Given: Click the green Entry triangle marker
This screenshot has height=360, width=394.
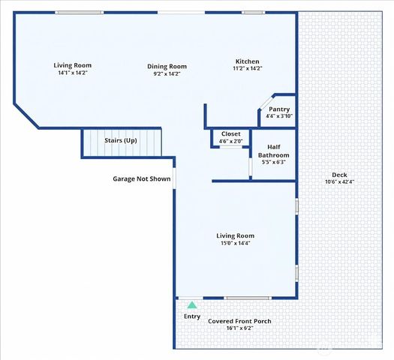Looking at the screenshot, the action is [192, 305].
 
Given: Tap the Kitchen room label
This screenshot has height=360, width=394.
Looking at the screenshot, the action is [247, 61].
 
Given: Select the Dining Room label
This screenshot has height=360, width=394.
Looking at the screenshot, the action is [167, 67].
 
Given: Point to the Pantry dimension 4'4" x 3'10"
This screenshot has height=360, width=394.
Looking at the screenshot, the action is [279, 116].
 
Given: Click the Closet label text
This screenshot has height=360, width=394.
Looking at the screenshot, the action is [230, 133].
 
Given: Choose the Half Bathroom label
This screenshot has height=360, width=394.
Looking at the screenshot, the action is [274, 151].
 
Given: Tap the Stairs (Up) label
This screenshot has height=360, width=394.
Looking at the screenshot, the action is [121, 140].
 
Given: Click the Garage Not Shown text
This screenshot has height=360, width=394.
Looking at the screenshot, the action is [142, 178].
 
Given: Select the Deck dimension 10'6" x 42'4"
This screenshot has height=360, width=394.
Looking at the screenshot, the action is [340, 181].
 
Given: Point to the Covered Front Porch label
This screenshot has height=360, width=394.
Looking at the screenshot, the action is [239, 321].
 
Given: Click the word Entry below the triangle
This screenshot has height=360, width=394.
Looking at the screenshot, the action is [192, 316].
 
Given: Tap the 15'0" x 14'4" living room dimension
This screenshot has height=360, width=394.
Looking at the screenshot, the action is [235, 243].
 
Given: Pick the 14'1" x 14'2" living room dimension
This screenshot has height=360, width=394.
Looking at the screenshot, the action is [73, 73].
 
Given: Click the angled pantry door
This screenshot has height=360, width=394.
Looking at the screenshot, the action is [266, 103].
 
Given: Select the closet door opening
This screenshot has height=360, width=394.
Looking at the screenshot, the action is [230, 147].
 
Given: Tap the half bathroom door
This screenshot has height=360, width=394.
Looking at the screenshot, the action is [251, 166].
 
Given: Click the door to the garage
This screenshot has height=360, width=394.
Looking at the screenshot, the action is [174, 178].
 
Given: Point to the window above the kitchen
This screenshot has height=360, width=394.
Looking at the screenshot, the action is [254, 12].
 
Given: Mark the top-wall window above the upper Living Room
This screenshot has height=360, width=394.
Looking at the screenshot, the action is [79, 12].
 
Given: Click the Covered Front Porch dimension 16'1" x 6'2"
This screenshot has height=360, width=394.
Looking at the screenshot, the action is [239, 328].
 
